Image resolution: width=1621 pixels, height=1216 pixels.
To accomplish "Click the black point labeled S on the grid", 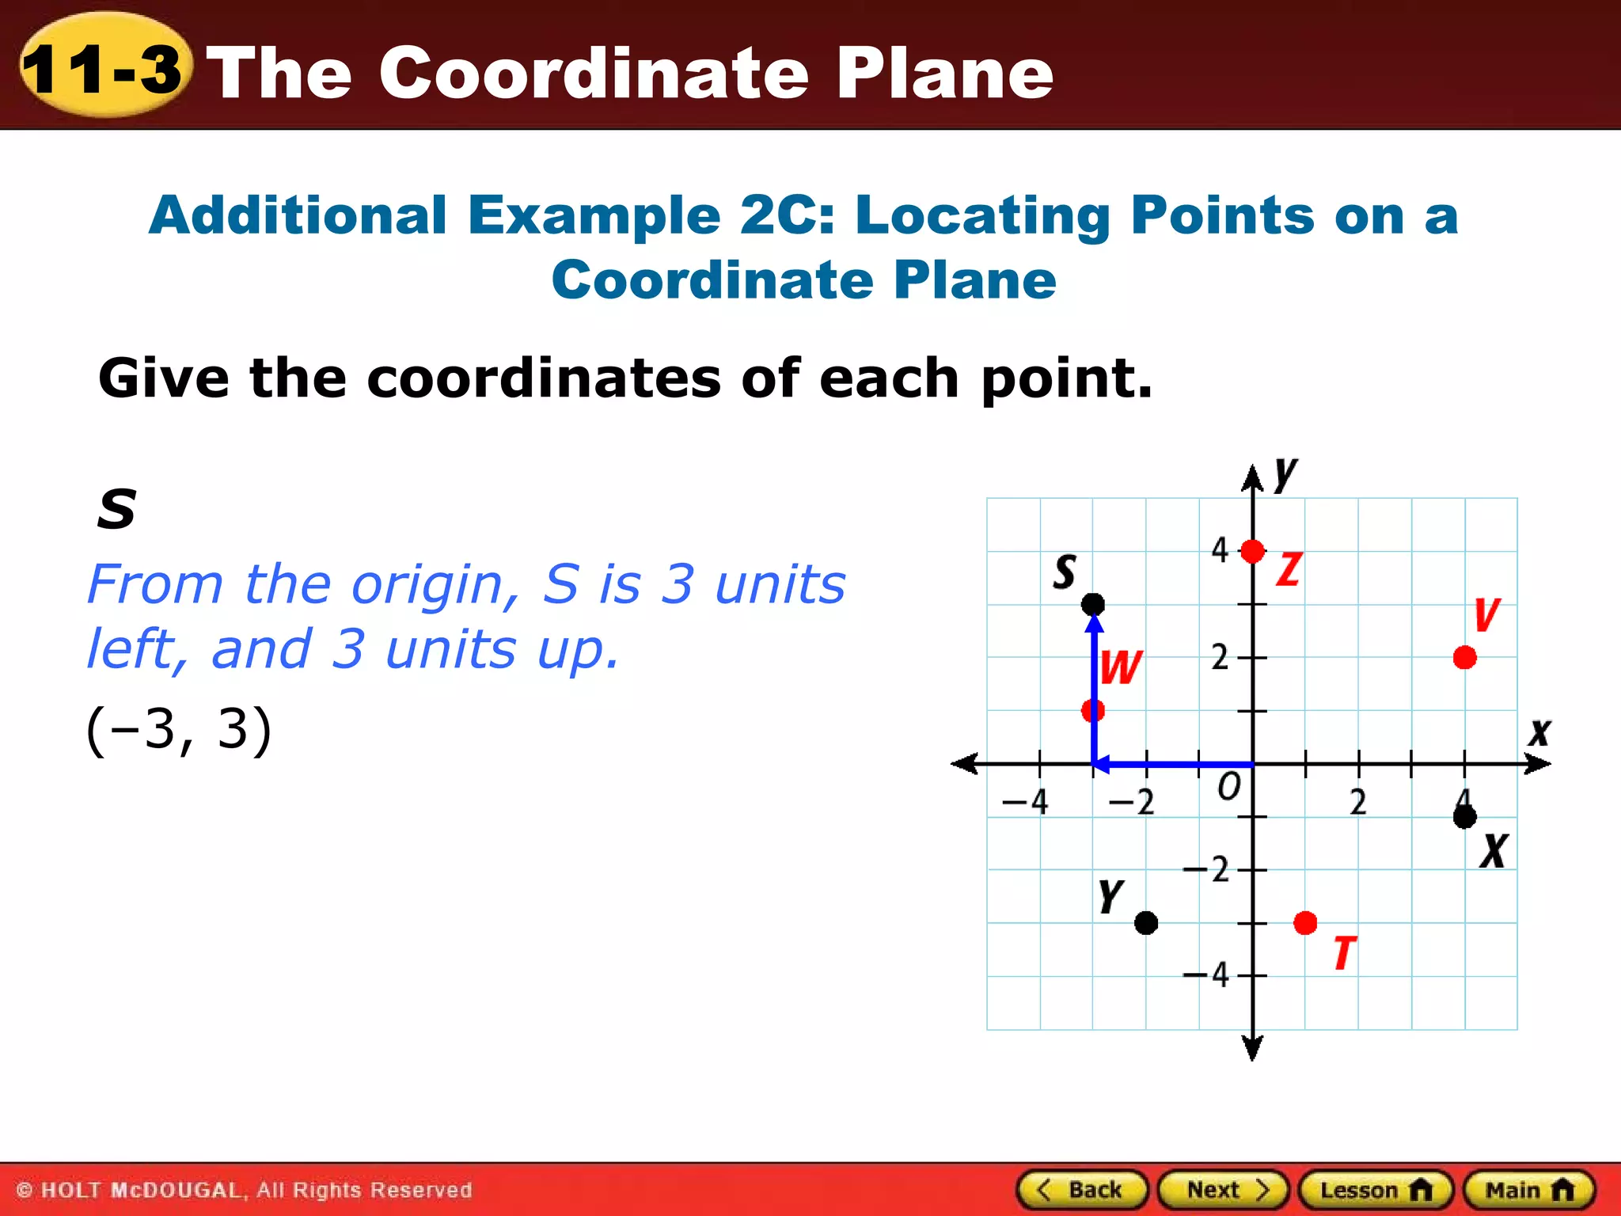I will tap(1093, 605).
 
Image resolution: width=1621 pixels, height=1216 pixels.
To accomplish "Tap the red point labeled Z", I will tap(1252, 551).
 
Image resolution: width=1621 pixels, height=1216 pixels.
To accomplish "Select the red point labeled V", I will tap(1464, 657).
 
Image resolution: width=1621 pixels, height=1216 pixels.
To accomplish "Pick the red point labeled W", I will tap(1093, 710).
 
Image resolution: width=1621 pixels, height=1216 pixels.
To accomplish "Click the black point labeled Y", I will tap(1146, 922).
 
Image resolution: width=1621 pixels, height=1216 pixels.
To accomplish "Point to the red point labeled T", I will tap(1305, 922).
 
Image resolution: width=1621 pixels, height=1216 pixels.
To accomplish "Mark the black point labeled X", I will tap(1464, 816).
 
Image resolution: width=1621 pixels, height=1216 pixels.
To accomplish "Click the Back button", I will tap(1082, 1190).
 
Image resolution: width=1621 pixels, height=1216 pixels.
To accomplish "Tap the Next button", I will tap(1224, 1190).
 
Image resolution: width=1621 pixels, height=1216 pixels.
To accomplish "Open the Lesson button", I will tap(1376, 1190).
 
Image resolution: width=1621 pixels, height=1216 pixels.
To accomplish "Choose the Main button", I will tap(1528, 1190).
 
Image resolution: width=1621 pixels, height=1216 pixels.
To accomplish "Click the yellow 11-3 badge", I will tap(104, 68).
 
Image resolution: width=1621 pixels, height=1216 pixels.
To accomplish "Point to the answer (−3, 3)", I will tap(179, 730).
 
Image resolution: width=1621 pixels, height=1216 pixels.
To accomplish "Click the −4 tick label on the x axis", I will tap(1026, 802).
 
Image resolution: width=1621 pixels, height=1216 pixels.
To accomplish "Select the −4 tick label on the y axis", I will tap(1207, 975).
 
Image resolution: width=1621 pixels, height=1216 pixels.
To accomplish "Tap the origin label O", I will tap(1228, 787).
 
